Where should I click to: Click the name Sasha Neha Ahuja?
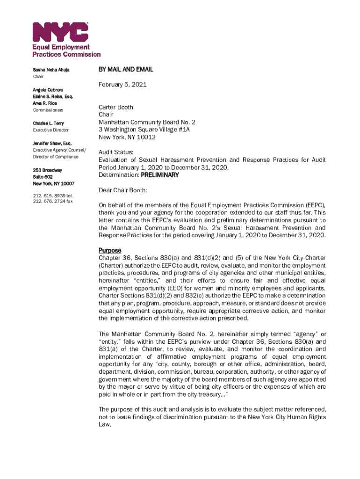[51, 70]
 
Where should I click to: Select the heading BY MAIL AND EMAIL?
[126, 69]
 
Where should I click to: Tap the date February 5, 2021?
[122, 85]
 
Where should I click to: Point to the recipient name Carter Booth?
[115, 107]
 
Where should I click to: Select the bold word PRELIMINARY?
[160, 175]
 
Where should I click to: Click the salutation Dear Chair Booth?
[122, 190]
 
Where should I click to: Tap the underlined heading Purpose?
[110, 250]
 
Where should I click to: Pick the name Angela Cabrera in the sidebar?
[48, 89]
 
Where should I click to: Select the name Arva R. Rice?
[45, 103]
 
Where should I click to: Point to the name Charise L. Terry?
[48, 123]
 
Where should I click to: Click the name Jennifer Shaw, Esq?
[51, 143]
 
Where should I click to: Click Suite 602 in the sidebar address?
[43, 177]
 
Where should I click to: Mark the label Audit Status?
[116, 152]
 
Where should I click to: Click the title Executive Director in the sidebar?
[50, 130]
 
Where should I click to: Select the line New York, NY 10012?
[127, 137]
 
